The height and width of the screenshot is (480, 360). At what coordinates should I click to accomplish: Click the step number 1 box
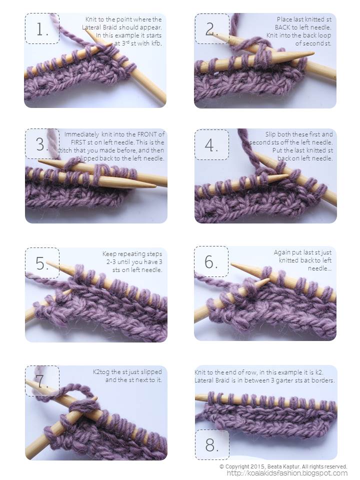tap(42, 28)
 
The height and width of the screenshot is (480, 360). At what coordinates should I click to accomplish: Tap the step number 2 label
tap(212, 29)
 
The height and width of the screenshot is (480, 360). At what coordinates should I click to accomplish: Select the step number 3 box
tap(42, 143)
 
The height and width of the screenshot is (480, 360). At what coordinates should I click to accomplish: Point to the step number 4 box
tap(212, 145)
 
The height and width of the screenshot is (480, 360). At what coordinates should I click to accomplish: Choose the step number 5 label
tap(42, 262)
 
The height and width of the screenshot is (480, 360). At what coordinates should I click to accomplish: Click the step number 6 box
tap(211, 261)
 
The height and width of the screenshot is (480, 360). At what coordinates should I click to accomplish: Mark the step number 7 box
tap(42, 381)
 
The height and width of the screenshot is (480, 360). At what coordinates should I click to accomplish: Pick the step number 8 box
tap(212, 444)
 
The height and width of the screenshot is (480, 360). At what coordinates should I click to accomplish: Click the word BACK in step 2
tap(282, 27)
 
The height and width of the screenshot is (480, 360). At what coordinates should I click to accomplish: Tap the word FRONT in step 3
tap(147, 134)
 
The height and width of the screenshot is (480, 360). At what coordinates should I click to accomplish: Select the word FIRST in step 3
tap(78, 142)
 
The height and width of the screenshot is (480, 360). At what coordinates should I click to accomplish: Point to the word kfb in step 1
tap(156, 43)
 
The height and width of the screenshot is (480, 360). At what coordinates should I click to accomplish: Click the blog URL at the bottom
tap(287, 473)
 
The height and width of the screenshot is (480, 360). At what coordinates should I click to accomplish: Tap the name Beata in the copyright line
tap(274, 466)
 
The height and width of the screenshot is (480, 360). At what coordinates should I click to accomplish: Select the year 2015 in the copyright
tap(257, 466)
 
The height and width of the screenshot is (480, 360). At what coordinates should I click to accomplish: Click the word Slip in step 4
tap(270, 134)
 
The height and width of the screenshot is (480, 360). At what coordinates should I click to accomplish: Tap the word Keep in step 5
tap(109, 254)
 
